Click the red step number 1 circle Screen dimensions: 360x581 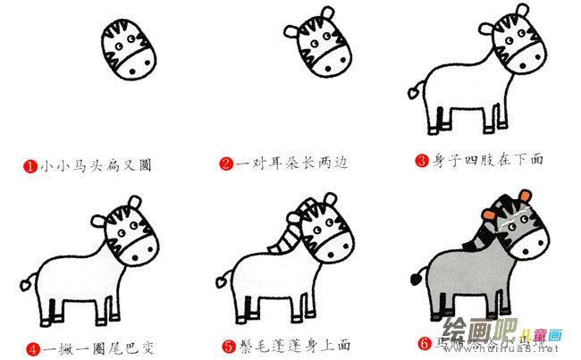point(29,165)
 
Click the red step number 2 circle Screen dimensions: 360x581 point(227,164)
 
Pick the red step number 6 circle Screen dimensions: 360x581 point(424,343)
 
